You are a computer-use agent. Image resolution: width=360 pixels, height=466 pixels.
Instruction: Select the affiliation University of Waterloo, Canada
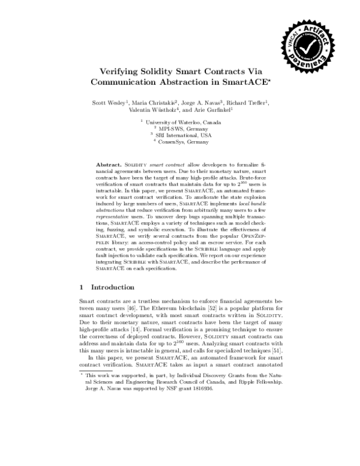pyautogui.click(x=184, y=122)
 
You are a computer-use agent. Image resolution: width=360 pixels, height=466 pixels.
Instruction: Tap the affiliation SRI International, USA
pyautogui.click(x=184, y=135)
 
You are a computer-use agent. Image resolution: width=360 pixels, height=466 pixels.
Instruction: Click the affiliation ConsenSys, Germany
pyautogui.click(x=184, y=142)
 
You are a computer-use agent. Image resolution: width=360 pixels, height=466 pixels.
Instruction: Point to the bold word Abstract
pyautogui.click(x=108, y=164)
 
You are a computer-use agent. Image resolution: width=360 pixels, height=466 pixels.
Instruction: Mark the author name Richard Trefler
pyautogui.click(x=251, y=102)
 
